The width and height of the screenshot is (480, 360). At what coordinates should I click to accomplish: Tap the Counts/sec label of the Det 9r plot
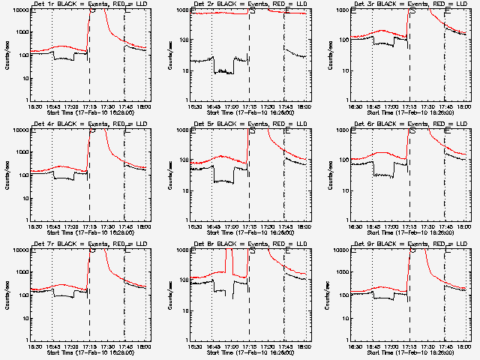coord(327,295)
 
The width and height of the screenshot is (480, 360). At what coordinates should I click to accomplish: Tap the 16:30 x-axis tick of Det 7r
coord(34,346)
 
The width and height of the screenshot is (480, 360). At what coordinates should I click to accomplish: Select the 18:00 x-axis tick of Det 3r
coord(463,106)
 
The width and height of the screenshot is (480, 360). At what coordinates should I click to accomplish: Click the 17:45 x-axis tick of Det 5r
coord(286,226)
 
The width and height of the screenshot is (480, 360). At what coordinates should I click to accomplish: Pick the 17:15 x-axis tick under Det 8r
coord(250,346)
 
